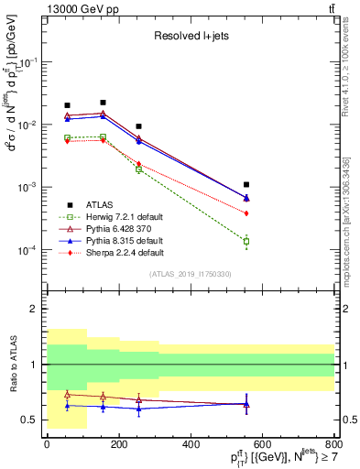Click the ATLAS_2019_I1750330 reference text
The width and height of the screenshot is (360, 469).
point(190,274)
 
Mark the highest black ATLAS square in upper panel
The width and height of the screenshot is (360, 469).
point(103,103)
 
